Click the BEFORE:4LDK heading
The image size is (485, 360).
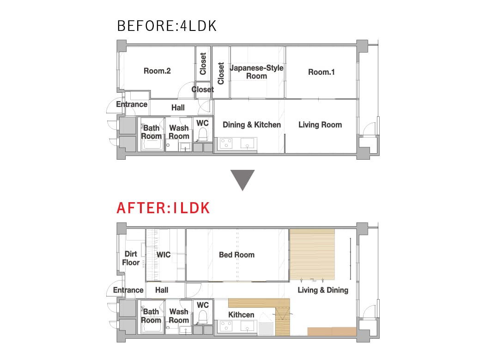pyautogui.click(x=167, y=26)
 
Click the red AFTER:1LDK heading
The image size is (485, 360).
pyautogui.click(x=164, y=208)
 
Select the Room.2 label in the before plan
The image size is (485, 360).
pyautogui.click(x=157, y=71)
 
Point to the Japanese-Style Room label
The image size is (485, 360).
pyautogui.click(x=257, y=72)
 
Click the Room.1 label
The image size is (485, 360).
pyautogui.click(x=321, y=72)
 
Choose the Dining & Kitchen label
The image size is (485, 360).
pyautogui.click(x=252, y=125)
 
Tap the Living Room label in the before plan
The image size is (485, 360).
pyautogui.click(x=320, y=125)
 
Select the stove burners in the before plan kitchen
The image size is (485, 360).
pyautogui.click(x=226, y=144)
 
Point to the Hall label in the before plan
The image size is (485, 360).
pyautogui.click(x=178, y=108)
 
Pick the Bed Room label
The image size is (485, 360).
pyautogui.click(x=236, y=255)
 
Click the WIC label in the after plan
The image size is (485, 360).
pyautogui.click(x=164, y=255)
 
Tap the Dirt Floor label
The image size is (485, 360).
pyautogui.click(x=131, y=258)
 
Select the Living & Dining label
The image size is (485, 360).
pyautogui.click(x=323, y=290)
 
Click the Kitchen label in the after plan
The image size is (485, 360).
pyautogui.click(x=241, y=315)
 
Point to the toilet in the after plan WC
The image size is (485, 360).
pyautogui.click(x=203, y=317)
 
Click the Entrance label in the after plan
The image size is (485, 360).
pyautogui.click(x=128, y=290)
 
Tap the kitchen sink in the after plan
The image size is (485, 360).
pyautogui.click(x=247, y=326)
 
